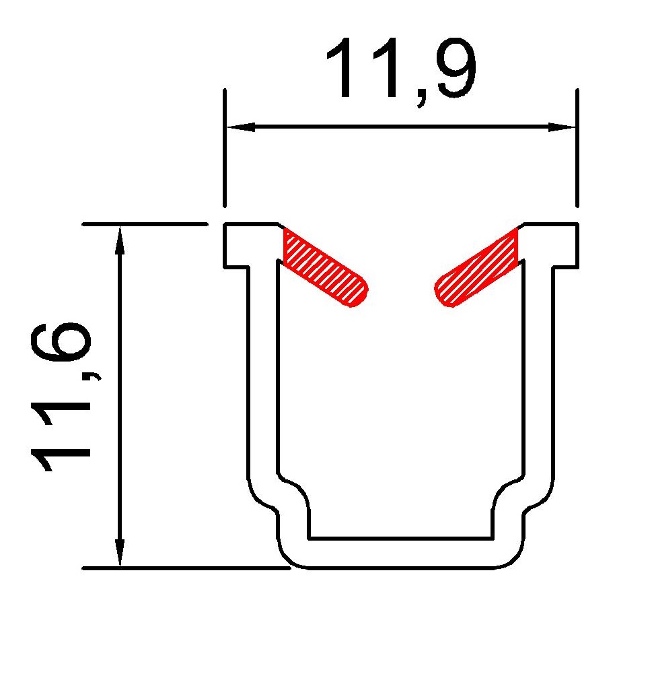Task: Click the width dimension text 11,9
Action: [401, 71]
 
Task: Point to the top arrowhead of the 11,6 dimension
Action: [120, 239]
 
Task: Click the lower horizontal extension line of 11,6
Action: [182, 568]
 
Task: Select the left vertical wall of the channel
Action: [264, 370]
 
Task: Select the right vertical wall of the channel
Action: [540, 370]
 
